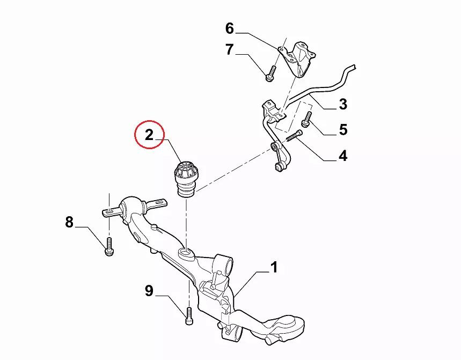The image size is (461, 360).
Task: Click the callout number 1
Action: [274, 267]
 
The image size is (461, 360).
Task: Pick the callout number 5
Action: [342, 129]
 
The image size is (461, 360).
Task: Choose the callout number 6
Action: [230, 28]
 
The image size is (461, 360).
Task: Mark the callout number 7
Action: [230, 50]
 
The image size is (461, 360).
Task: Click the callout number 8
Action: [69, 222]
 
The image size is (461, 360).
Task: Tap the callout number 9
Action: [149, 291]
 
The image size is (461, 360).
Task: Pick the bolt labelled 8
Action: [109, 247]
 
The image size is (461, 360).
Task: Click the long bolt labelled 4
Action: [291, 136]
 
